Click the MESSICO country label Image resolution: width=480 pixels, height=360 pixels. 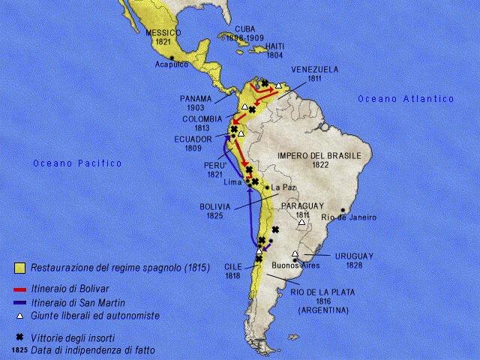(164, 33)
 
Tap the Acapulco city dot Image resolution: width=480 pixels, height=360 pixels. (173, 58)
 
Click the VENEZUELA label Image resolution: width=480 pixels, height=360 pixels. (314, 69)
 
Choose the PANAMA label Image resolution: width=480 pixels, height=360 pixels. (196, 98)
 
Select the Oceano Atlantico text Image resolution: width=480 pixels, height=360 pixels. (406, 99)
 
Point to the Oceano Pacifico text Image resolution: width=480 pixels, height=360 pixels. (77, 163)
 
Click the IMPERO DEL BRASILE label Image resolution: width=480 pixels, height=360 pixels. (319, 155)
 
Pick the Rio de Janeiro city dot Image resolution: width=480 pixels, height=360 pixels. (343, 210)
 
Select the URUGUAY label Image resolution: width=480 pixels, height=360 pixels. (355, 256)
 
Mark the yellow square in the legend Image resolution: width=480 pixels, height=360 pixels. (21, 267)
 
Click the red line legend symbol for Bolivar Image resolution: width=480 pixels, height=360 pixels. (21, 288)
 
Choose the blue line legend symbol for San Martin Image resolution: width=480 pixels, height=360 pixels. (21, 301)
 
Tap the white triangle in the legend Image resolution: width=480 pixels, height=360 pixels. (21, 316)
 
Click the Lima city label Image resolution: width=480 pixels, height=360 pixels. (232, 182)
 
